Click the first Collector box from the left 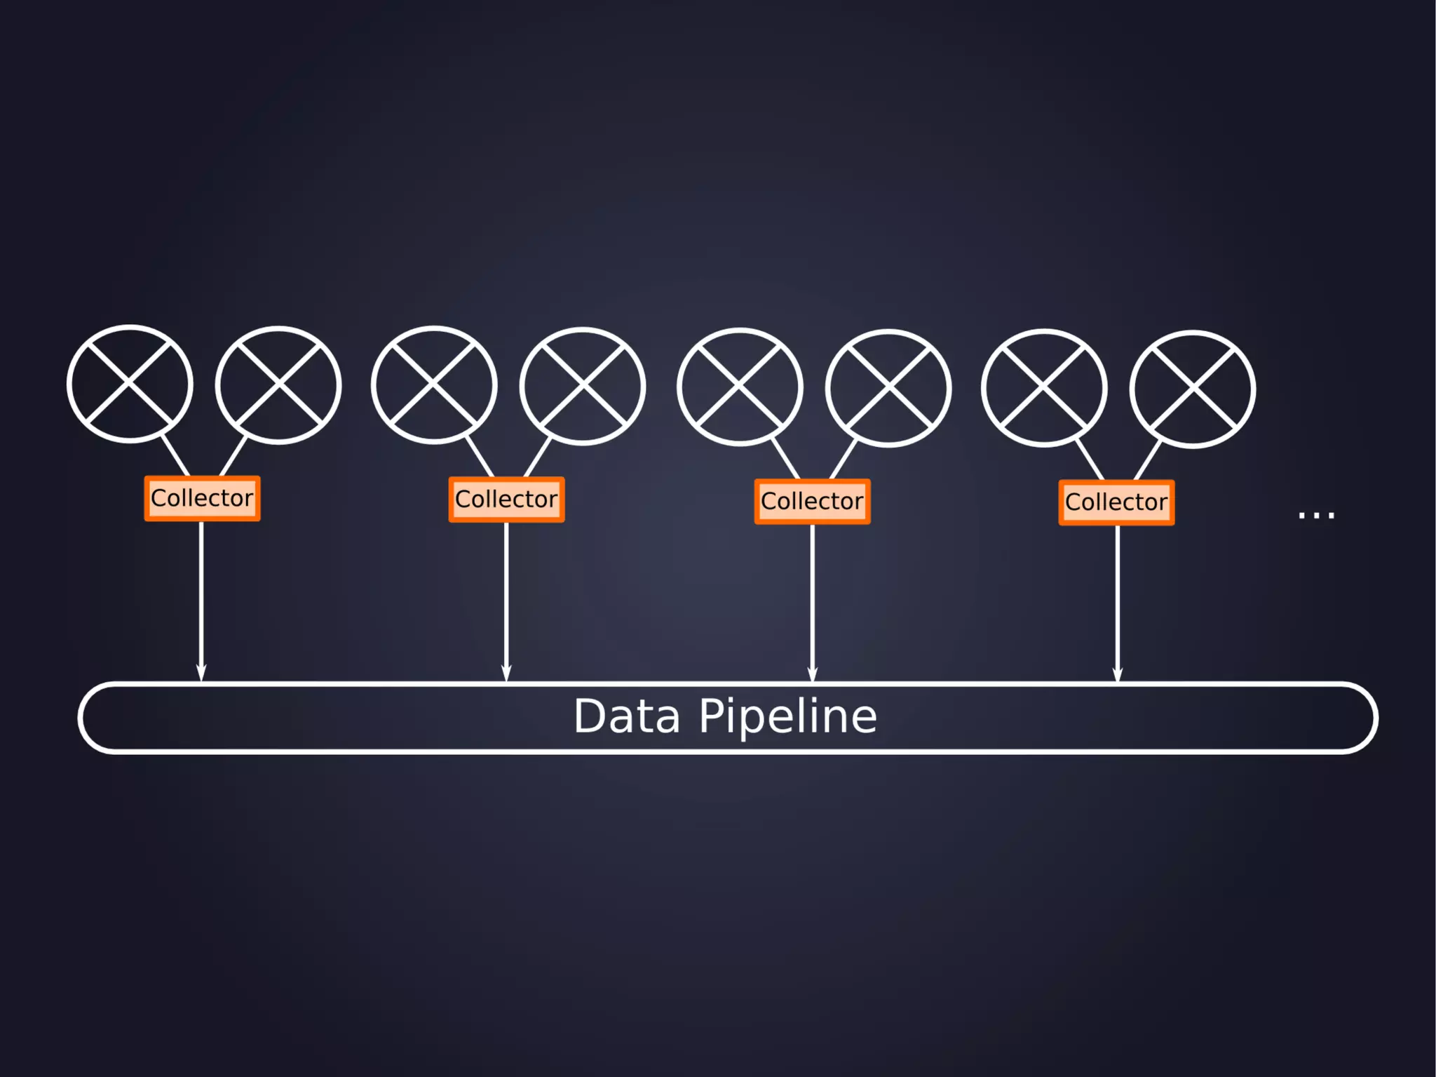click(x=202, y=498)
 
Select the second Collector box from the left click(x=506, y=500)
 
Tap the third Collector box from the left click(x=812, y=502)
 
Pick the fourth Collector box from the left click(x=1116, y=502)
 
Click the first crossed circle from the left click(x=130, y=384)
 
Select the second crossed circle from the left click(x=278, y=385)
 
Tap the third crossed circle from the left click(x=434, y=385)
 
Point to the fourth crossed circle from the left click(x=583, y=387)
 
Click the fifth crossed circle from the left click(x=740, y=387)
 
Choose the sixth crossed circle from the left click(x=888, y=388)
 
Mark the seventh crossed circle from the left click(x=1044, y=388)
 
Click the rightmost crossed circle click(x=1193, y=389)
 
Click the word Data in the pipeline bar click(x=627, y=717)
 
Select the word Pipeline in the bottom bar click(x=787, y=717)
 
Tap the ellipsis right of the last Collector click(x=1316, y=516)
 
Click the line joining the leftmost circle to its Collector click(x=175, y=456)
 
